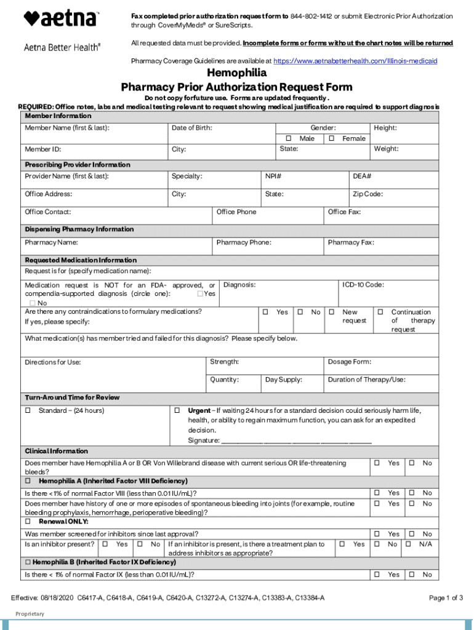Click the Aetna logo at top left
[60, 18]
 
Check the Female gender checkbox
[332, 139]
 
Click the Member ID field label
[42, 150]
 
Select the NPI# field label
[273, 177]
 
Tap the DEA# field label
[361, 177]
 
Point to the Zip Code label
[368, 194]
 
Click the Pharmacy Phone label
[244, 243]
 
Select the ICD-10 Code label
[363, 285]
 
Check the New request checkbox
[332, 313]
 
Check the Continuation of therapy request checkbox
[380, 313]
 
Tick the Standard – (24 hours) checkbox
[28, 411]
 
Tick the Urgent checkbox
[177, 410]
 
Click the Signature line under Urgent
[296, 441]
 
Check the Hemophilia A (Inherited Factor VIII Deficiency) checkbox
[28, 481]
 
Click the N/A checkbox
[408, 544]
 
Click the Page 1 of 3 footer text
[446, 598]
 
